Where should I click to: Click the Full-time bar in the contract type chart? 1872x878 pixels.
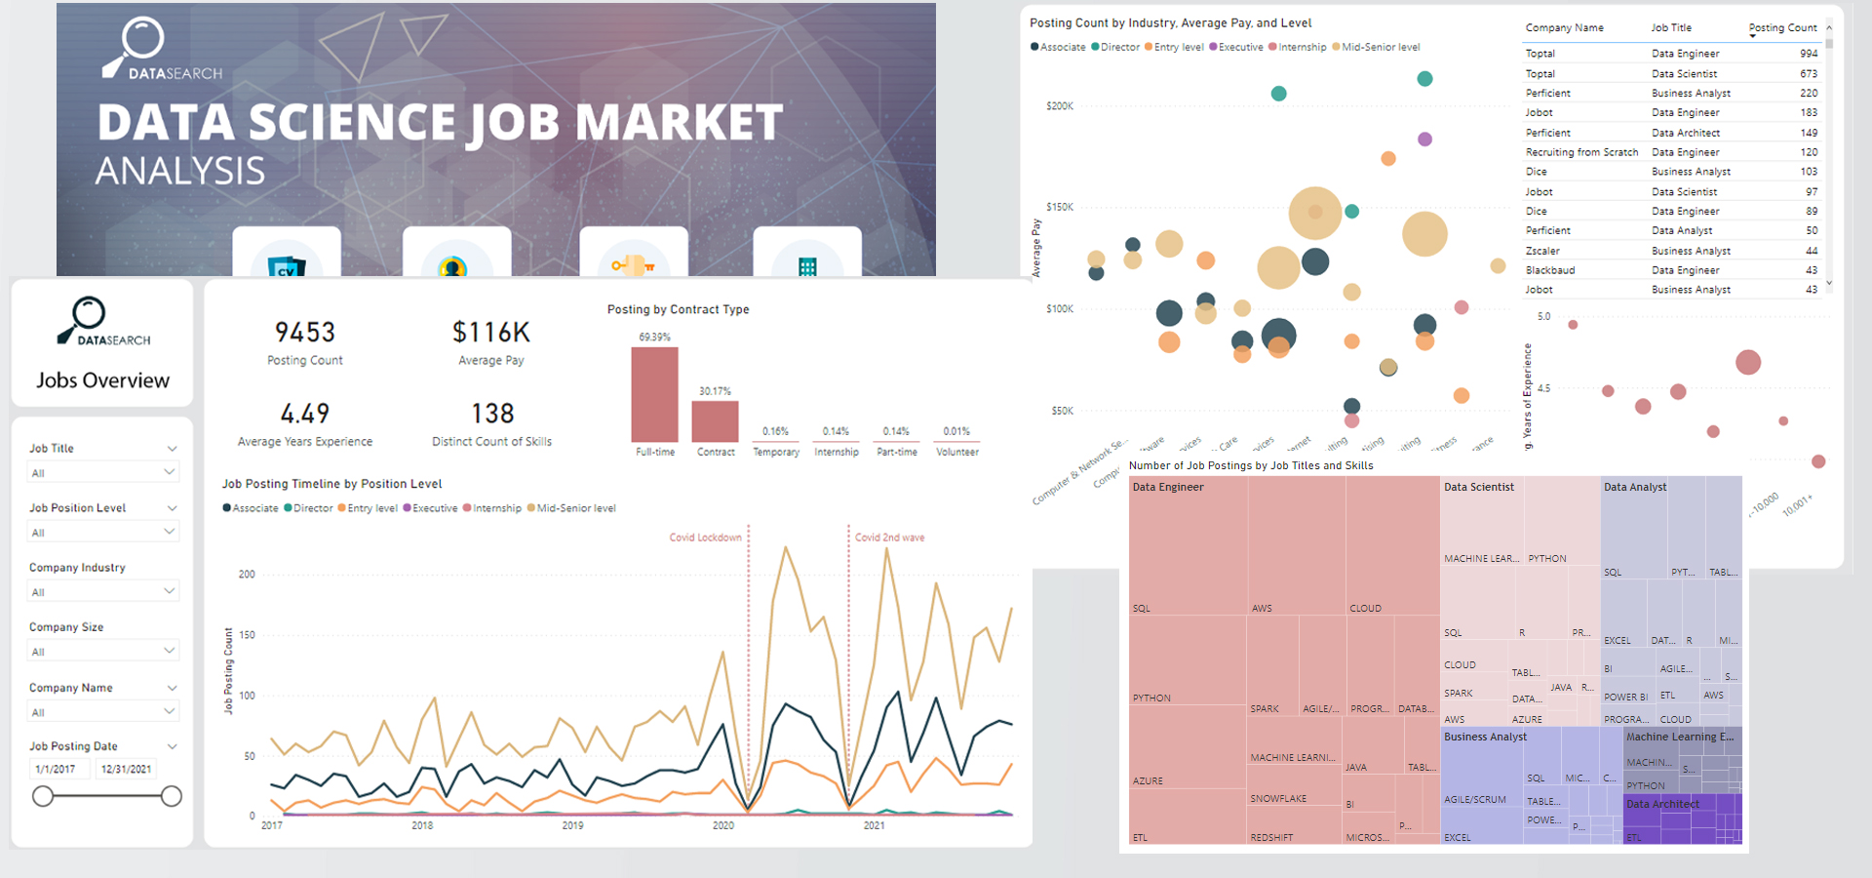(x=654, y=395)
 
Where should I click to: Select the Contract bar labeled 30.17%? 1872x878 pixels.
(x=715, y=421)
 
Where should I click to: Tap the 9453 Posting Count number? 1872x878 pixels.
(x=305, y=333)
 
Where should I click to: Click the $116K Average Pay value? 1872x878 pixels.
(x=491, y=333)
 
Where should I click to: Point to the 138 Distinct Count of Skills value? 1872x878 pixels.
(x=492, y=414)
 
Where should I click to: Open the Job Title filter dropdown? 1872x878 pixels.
(x=102, y=473)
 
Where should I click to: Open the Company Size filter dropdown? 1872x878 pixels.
(x=102, y=652)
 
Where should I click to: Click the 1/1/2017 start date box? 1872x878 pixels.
(x=57, y=769)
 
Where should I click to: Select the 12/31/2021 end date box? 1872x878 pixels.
(x=126, y=769)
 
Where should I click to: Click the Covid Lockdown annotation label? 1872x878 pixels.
(x=705, y=538)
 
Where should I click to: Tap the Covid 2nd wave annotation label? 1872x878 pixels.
(x=889, y=538)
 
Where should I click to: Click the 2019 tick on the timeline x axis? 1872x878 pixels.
(x=572, y=825)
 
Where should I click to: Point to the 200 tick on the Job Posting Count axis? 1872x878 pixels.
(x=247, y=575)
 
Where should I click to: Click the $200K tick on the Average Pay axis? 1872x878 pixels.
(x=1059, y=106)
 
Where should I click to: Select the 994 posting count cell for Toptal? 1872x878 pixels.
(x=1808, y=54)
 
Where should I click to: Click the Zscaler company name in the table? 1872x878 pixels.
(x=1542, y=251)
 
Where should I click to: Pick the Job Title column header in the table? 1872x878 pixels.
(x=1671, y=28)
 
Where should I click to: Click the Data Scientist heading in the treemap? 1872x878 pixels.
(x=1479, y=487)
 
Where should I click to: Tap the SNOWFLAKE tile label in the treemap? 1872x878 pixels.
(x=1278, y=799)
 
